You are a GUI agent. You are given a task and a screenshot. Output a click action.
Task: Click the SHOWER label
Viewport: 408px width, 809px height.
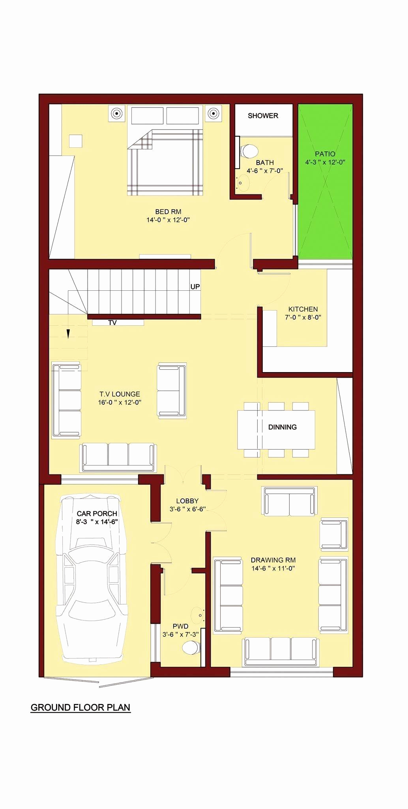263,116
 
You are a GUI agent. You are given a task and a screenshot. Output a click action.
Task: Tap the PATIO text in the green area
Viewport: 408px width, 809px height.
325,154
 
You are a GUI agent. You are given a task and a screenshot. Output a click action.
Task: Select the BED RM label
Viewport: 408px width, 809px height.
168,212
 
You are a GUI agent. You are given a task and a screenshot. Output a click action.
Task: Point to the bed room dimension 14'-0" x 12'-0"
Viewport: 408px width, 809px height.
168,220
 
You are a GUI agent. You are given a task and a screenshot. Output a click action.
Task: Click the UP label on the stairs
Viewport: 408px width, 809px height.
195,286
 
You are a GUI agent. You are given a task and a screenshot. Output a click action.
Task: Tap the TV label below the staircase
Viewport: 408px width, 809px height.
112,323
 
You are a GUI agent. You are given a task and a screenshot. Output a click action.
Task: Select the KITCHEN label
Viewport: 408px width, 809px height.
303,309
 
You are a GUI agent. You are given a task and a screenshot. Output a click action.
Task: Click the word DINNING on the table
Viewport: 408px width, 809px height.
282,427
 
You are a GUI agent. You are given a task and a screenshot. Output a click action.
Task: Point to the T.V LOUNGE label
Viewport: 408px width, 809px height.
120,394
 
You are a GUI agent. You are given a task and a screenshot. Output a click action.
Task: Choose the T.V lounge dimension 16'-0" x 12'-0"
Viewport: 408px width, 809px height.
120,403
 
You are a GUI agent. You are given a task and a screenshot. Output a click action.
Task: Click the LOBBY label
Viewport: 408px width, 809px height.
187,501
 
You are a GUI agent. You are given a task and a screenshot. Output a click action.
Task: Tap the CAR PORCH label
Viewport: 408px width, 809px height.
97,514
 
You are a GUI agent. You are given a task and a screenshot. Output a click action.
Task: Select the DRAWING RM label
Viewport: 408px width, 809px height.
273,560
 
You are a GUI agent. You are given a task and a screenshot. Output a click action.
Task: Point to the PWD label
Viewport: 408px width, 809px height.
180,626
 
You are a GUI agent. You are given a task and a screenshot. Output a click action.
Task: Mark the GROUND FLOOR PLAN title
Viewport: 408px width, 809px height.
80,707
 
